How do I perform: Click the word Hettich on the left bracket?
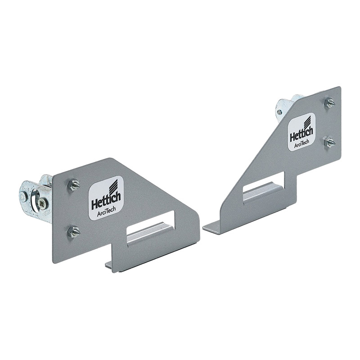pyautogui.click(x=106, y=202)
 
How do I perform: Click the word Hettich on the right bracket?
pyautogui.click(x=301, y=134)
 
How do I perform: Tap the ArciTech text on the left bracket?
pyautogui.click(x=106, y=212)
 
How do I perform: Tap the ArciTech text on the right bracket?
pyautogui.click(x=301, y=144)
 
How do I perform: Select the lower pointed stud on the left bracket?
pyautogui.click(x=74, y=232)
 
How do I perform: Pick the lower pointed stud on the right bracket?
pyautogui.click(x=329, y=142)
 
